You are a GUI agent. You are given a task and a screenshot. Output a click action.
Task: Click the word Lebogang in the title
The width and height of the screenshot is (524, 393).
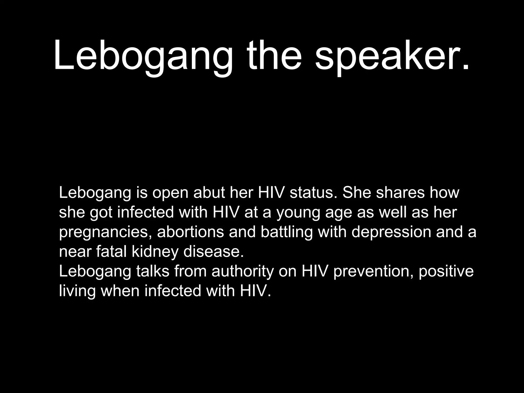pos(143,55)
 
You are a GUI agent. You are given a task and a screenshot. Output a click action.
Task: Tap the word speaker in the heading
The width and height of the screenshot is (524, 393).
pos(391,55)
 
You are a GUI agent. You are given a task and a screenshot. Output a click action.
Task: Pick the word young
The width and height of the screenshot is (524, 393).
pos(298,212)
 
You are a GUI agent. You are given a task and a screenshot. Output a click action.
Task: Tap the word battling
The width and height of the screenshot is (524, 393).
pos(287,232)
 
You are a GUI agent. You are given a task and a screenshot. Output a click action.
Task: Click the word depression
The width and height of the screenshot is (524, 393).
pos(391,232)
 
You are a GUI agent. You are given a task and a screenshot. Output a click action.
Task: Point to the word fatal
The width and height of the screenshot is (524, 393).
pos(111,252)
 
